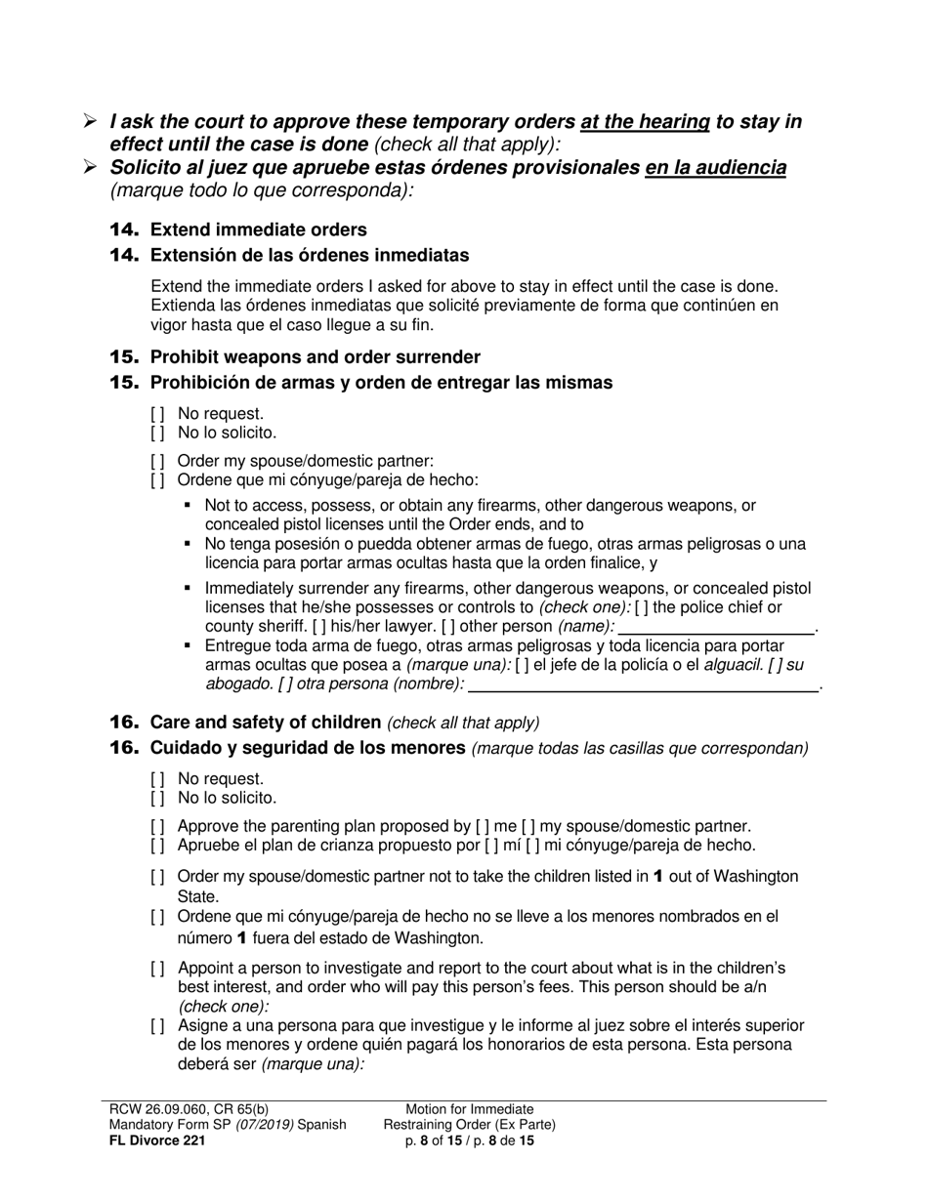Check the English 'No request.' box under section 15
tap(157, 414)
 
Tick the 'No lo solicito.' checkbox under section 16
tap(157, 798)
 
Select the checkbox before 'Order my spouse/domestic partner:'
tap(157, 461)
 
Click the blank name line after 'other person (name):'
tap(718, 626)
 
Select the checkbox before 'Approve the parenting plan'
tap(157, 826)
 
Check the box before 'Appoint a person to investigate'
tap(157, 969)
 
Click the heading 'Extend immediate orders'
tap(258, 229)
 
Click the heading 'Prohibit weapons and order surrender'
tap(315, 357)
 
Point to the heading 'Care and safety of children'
tap(265, 723)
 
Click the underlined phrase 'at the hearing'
tap(645, 122)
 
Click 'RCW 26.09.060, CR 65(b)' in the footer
tap(185, 1109)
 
